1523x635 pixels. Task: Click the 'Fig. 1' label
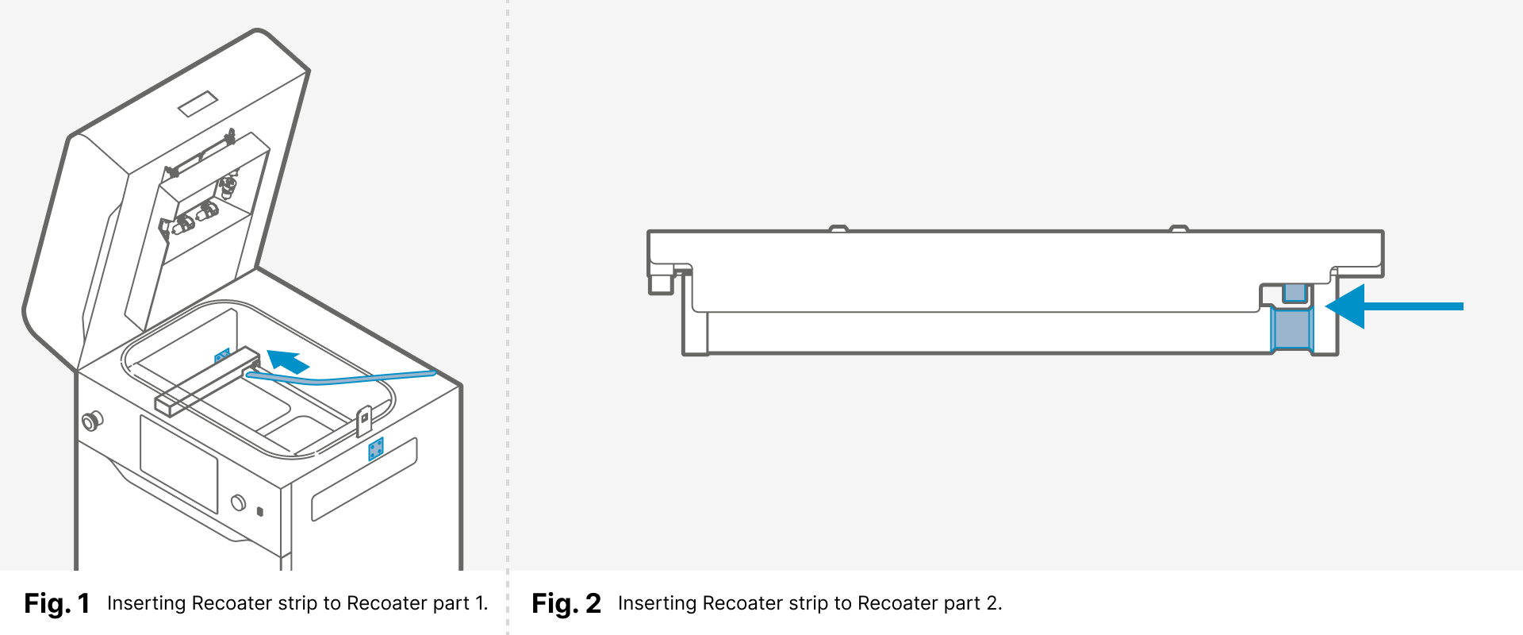[56, 604]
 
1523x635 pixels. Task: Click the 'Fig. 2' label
[566, 604]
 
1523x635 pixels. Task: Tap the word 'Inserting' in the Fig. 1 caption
[146, 603]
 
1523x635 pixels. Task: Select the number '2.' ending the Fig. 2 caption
[994, 603]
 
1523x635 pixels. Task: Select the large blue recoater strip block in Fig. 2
[1291, 329]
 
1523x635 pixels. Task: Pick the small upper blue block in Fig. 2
[1294, 292]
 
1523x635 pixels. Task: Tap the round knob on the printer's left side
[92, 420]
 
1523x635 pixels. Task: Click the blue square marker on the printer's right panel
[376, 449]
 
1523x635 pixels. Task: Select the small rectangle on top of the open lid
[198, 104]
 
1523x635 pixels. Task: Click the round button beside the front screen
[238, 502]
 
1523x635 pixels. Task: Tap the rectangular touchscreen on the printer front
[178, 464]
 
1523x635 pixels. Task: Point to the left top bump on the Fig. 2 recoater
[838, 229]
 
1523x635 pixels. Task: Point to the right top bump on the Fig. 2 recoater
[1179, 229]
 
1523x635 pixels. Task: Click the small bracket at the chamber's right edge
[364, 421]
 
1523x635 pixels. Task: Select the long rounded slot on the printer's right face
[364, 480]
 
